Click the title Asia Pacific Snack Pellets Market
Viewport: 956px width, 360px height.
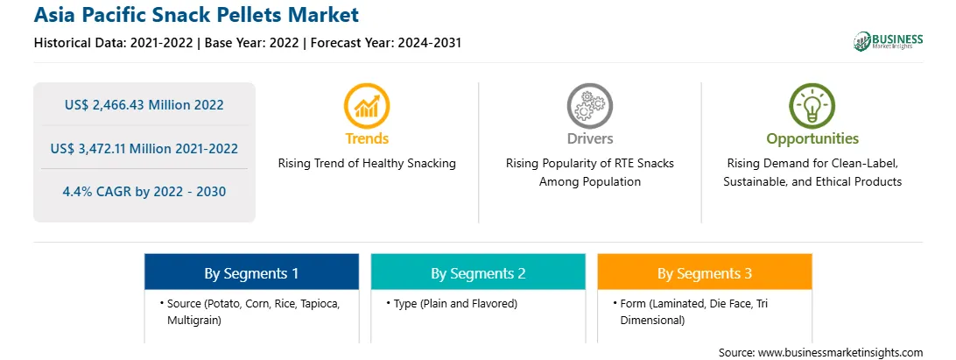pyautogui.click(x=196, y=15)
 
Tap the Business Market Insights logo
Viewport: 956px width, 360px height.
pyautogui.click(x=889, y=41)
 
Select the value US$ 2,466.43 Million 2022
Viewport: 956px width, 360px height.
pyautogui.click(x=144, y=105)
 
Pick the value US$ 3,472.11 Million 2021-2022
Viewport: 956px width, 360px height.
pyautogui.click(x=144, y=148)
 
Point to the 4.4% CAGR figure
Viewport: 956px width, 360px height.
pyautogui.click(x=144, y=192)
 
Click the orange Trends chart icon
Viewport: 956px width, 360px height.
pyautogui.click(x=367, y=106)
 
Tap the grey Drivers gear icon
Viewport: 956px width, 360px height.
pyautogui.click(x=589, y=106)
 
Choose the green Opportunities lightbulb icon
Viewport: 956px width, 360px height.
pyautogui.click(x=812, y=106)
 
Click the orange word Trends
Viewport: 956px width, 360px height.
pyautogui.click(x=367, y=138)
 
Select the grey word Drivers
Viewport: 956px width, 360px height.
pyautogui.click(x=590, y=138)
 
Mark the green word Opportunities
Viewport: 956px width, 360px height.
pyautogui.click(x=812, y=139)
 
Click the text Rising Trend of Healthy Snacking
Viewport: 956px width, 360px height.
pyautogui.click(x=367, y=164)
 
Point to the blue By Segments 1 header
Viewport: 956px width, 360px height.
pyautogui.click(x=252, y=273)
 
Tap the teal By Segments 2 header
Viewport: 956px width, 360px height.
pyautogui.click(x=478, y=273)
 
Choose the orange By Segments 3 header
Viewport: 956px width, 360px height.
pyautogui.click(x=705, y=273)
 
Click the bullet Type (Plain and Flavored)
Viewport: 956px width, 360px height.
pyautogui.click(x=452, y=303)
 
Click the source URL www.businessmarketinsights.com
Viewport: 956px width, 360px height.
pyautogui.click(x=840, y=353)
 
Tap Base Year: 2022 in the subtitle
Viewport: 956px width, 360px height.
pyautogui.click(x=252, y=43)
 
